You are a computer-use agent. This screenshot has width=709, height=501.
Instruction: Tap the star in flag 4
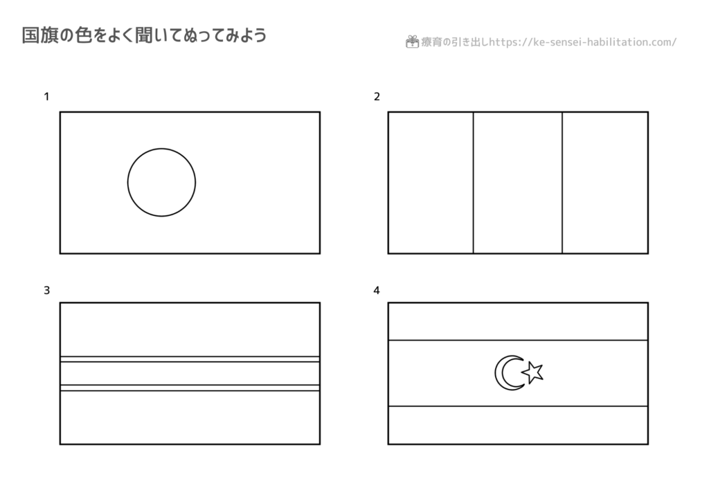(532, 373)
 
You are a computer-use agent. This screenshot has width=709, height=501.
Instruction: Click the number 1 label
(46, 97)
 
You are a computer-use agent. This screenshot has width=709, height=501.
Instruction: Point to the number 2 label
(377, 97)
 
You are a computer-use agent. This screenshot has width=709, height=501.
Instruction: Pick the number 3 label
(46, 291)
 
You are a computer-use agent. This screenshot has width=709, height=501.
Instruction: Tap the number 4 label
(377, 291)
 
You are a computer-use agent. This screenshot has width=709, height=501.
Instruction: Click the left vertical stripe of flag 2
(431, 183)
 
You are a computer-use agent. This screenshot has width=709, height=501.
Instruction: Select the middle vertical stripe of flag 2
(518, 183)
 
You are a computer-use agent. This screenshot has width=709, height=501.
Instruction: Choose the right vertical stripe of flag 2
(605, 183)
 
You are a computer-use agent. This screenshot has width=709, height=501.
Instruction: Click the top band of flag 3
(190, 330)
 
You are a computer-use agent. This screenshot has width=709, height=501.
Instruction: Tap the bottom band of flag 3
(190, 417)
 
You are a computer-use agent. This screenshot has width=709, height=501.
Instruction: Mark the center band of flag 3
(190, 374)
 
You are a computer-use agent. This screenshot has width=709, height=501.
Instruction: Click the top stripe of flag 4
(518, 322)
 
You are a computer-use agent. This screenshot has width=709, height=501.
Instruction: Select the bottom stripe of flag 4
(518, 425)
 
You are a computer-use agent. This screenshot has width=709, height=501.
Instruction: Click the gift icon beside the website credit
(412, 42)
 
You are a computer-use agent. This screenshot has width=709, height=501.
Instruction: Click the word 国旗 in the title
(39, 35)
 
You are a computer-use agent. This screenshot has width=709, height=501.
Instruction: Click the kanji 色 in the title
(84, 35)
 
